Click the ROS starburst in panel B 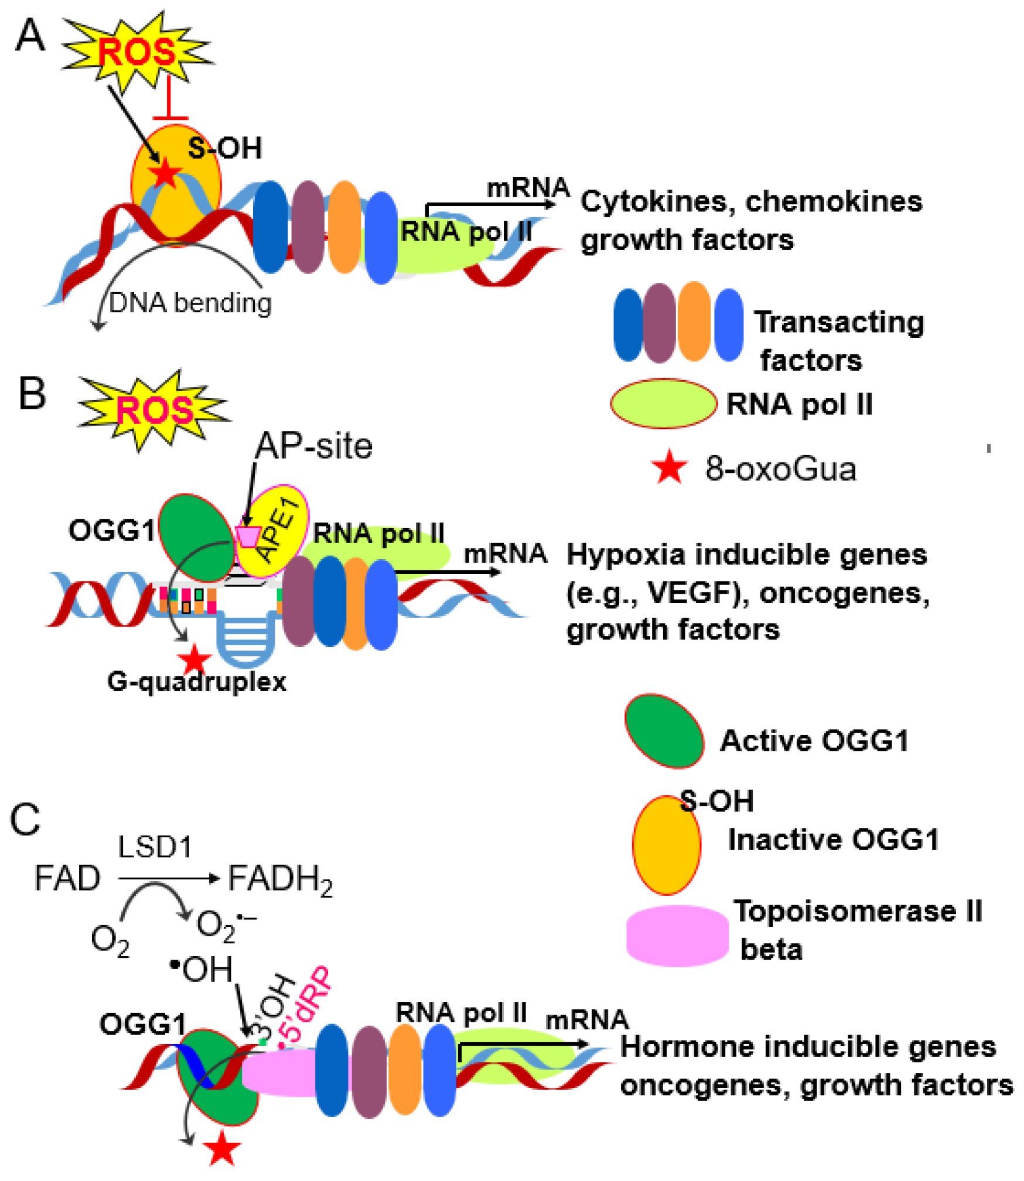coord(153,410)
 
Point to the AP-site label coord(314,446)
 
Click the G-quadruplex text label coord(196,682)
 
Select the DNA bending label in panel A coord(190,303)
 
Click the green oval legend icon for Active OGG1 coord(664,731)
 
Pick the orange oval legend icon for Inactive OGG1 coord(666,844)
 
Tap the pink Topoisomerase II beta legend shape coord(677,935)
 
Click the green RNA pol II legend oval coord(663,403)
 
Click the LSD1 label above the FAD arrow coord(155,847)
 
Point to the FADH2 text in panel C coord(279,879)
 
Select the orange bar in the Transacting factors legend coord(694,321)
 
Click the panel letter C coord(26,819)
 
